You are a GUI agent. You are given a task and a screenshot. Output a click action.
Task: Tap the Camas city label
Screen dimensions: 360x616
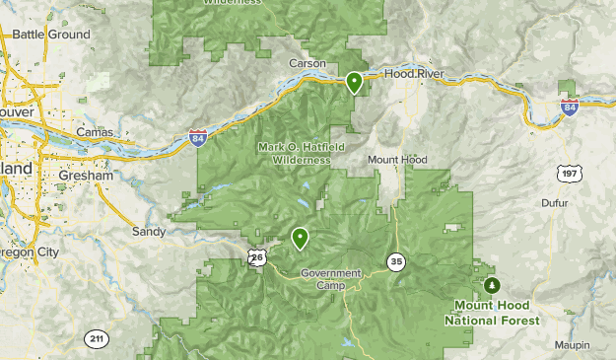click(x=95, y=131)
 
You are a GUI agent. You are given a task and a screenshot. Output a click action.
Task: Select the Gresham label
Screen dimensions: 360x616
click(x=86, y=175)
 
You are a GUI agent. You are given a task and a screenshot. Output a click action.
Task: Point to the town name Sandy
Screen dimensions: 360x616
click(x=149, y=232)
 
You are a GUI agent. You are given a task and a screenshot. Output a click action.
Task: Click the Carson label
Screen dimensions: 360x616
click(x=307, y=63)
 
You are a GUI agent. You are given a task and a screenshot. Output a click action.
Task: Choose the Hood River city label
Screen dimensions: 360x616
click(x=414, y=74)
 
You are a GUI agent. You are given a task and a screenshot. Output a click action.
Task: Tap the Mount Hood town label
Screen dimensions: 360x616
click(x=397, y=159)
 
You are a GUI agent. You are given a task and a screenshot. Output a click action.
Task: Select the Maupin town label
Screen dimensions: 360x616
click(x=571, y=344)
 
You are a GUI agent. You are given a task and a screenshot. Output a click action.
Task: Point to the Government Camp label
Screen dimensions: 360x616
click(x=332, y=278)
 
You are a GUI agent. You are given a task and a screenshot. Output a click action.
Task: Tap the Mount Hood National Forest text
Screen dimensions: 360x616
click(x=492, y=313)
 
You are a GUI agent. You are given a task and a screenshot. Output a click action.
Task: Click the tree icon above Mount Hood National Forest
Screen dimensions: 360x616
click(x=492, y=286)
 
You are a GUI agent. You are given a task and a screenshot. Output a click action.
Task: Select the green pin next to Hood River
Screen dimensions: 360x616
click(x=354, y=82)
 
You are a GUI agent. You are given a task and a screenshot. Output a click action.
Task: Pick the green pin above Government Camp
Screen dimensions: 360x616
click(x=299, y=237)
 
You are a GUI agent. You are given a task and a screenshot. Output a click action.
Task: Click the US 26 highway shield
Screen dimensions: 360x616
click(x=257, y=257)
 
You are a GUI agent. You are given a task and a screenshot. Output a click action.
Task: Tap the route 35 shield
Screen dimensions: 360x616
click(x=396, y=261)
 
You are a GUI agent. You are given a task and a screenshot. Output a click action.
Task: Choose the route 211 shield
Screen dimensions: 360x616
click(x=95, y=339)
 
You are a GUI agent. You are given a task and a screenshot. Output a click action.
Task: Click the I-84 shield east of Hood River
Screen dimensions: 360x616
click(x=569, y=107)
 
